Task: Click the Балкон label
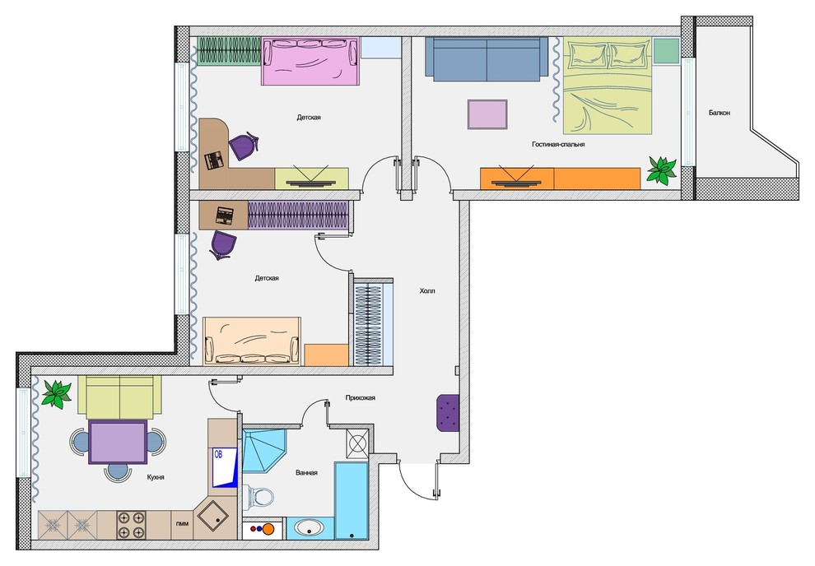click(719, 112)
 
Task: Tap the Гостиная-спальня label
click(558, 144)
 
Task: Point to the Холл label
click(426, 290)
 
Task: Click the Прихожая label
click(361, 397)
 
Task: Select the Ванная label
click(306, 473)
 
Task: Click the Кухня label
click(156, 476)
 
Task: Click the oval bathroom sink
click(310, 529)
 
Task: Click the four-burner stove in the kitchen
click(131, 525)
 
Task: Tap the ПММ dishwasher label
click(183, 523)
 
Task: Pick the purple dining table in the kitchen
click(118, 443)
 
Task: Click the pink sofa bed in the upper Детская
click(310, 61)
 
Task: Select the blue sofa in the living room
click(487, 59)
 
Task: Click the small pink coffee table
click(487, 114)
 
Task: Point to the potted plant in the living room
click(661, 169)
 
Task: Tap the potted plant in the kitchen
click(57, 394)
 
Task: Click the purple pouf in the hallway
click(448, 413)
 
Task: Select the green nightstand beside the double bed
click(666, 51)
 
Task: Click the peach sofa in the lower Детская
click(252, 341)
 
